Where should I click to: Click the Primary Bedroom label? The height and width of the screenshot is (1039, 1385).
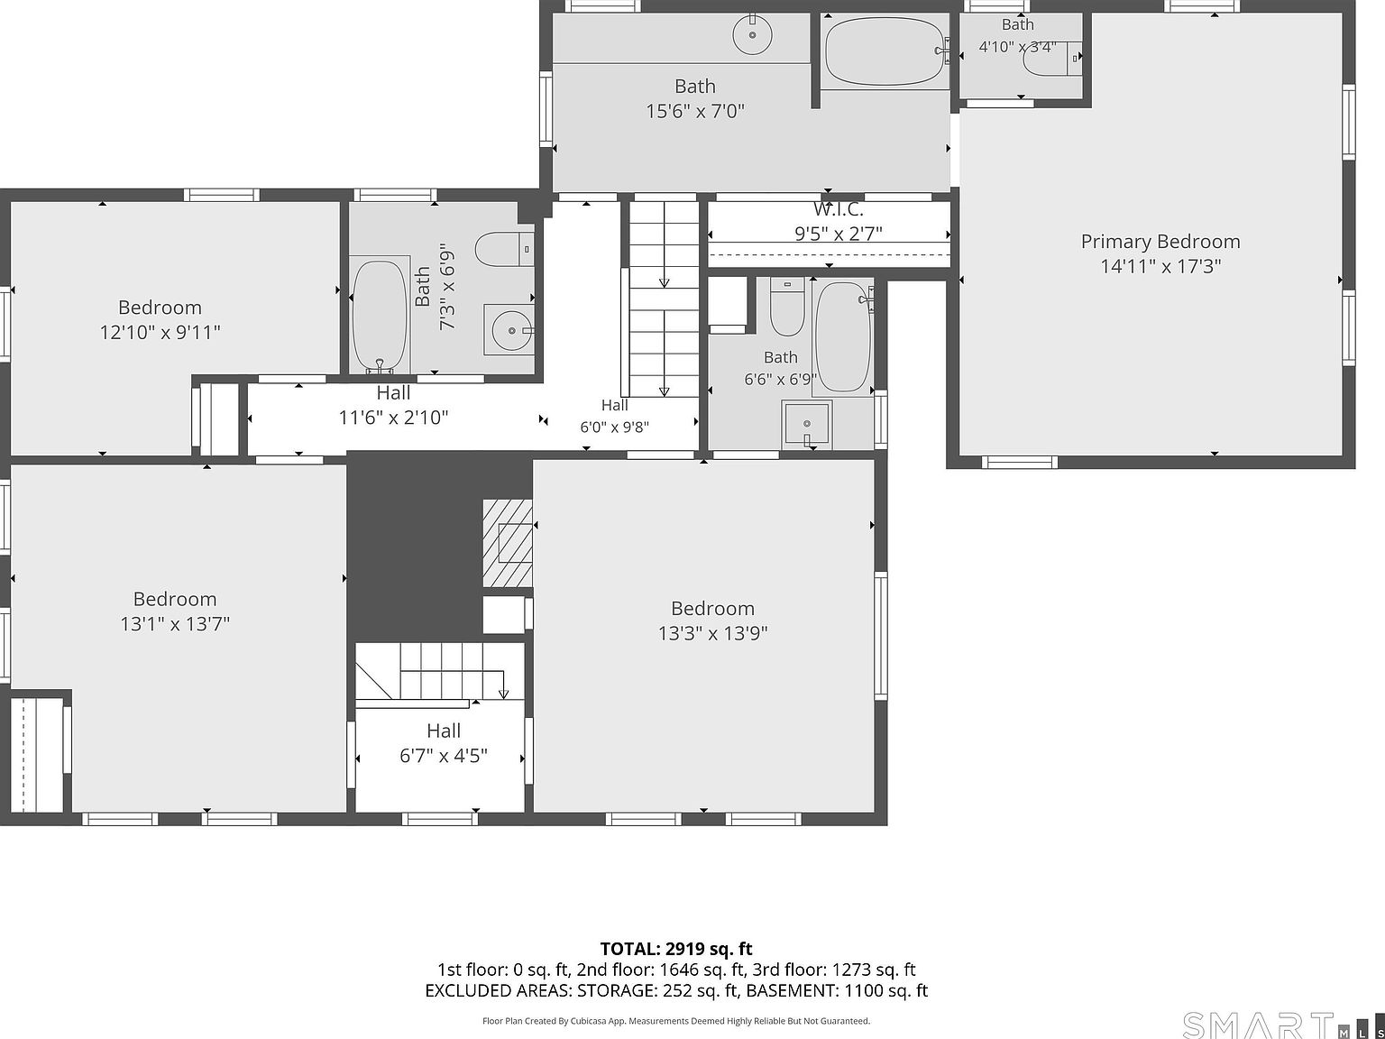tap(1160, 242)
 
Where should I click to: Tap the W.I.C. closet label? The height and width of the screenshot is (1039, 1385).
tap(838, 209)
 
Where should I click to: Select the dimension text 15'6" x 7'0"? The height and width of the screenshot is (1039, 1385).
tap(694, 112)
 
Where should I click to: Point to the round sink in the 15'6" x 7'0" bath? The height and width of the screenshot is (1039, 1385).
tap(753, 35)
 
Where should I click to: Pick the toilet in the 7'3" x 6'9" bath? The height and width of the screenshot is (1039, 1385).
tap(504, 249)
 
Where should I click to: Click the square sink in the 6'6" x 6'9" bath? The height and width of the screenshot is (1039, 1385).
tap(806, 425)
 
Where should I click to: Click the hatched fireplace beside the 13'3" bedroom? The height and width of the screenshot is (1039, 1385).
tap(508, 543)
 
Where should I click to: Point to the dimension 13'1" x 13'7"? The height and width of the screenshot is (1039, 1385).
tap(175, 624)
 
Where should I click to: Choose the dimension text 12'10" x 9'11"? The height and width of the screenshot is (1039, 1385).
tap(160, 333)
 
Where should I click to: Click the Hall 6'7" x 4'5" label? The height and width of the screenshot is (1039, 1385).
tap(444, 743)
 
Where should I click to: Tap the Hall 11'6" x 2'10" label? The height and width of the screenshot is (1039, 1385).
tap(393, 405)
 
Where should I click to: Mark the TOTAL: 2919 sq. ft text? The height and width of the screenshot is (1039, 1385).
tap(675, 949)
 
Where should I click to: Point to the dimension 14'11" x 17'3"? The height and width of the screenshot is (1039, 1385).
tap(1160, 267)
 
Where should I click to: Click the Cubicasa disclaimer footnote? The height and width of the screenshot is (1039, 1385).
tap(675, 1021)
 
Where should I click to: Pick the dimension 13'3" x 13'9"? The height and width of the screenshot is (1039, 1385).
tap(712, 633)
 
